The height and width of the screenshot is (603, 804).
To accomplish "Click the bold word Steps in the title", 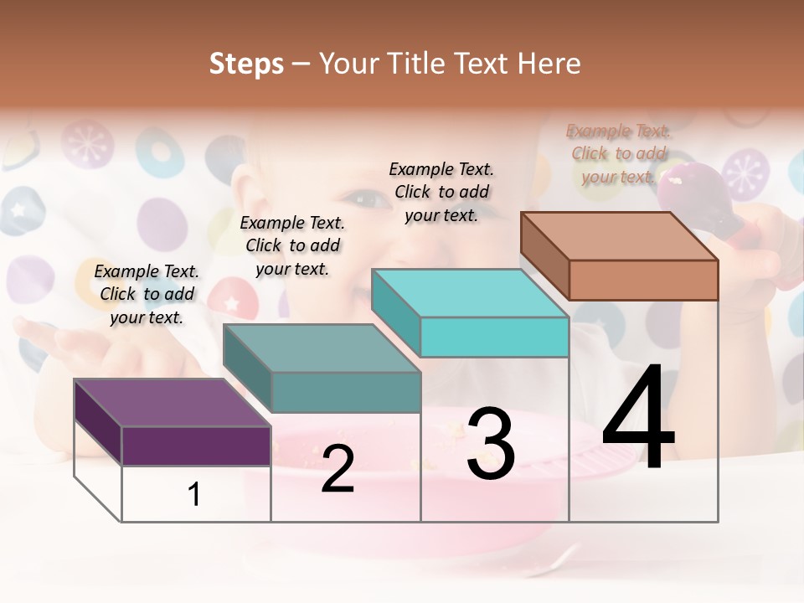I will pyautogui.click(x=246, y=64).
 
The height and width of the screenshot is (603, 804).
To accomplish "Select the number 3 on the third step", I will pyautogui.click(x=490, y=444).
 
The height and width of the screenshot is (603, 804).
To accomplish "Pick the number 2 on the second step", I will pyautogui.click(x=338, y=469).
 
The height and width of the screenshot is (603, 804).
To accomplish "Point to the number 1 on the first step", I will pyautogui.click(x=194, y=494).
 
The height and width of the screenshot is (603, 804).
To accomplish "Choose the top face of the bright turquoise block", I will pyautogui.click(x=470, y=293).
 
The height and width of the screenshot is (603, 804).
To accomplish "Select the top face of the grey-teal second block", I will pyautogui.click(x=322, y=348).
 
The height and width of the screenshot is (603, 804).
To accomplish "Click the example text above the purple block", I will pyautogui.click(x=147, y=294).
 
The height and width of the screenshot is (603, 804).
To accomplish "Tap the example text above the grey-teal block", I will pyautogui.click(x=292, y=245).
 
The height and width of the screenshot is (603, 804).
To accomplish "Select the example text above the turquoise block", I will pyautogui.click(x=441, y=192).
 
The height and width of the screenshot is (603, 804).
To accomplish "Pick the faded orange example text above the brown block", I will pyautogui.click(x=619, y=153).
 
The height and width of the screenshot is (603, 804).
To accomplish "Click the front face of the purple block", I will pyautogui.click(x=196, y=446).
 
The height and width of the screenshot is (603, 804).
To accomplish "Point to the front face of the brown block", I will pyautogui.click(x=643, y=280).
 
